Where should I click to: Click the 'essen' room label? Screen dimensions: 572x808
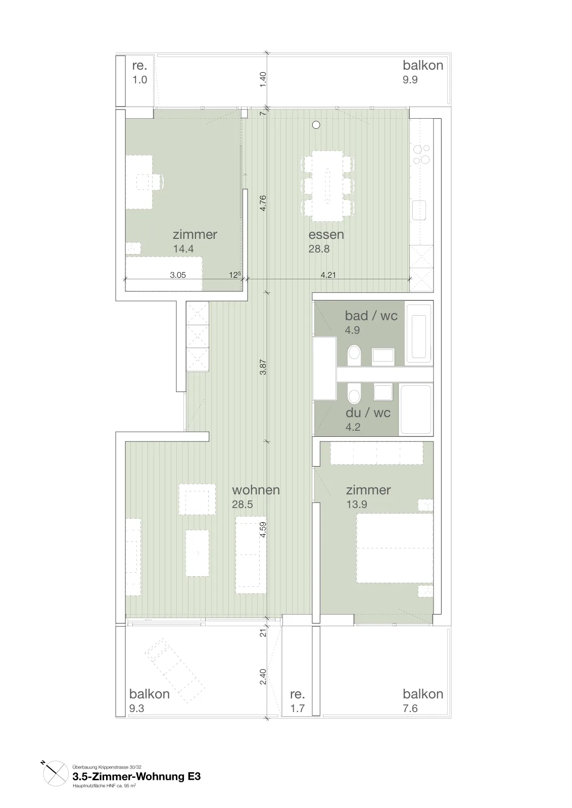(x=326, y=234)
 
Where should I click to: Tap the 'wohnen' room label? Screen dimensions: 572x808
(x=256, y=490)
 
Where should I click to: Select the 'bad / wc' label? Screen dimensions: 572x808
(x=371, y=316)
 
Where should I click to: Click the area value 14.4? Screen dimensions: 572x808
(x=183, y=249)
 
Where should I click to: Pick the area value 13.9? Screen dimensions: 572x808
(x=357, y=504)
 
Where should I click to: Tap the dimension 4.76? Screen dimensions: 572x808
(x=263, y=203)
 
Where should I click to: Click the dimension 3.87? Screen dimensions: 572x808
(x=263, y=367)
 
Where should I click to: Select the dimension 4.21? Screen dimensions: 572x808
(x=328, y=275)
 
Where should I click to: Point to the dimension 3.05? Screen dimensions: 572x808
(x=178, y=275)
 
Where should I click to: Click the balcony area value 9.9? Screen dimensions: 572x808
(x=410, y=80)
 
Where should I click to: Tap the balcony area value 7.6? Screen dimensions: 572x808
(x=410, y=709)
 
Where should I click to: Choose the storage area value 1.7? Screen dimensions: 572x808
(x=297, y=709)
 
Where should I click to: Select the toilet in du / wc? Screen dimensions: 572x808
(x=354, y=393)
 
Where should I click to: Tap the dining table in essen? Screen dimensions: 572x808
(x=327, y=186)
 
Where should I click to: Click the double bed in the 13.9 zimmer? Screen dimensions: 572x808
(x=395, y=548)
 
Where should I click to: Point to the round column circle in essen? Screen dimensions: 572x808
(x=316, y=125)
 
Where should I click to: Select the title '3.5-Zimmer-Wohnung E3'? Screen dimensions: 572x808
(x=136, y=776)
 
